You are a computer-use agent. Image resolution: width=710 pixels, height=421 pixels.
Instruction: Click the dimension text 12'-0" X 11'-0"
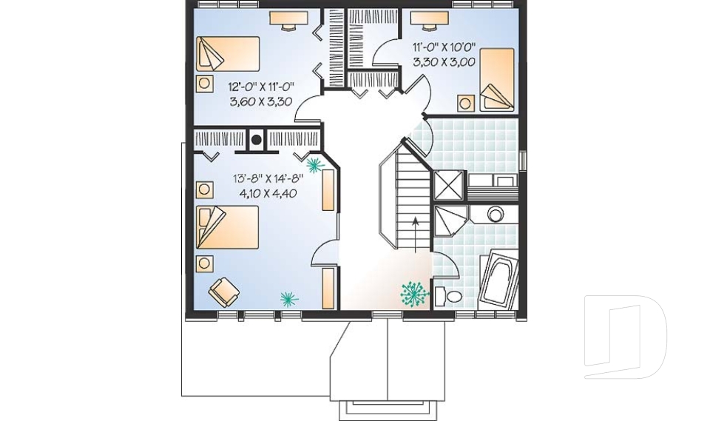click(x=261, y=86)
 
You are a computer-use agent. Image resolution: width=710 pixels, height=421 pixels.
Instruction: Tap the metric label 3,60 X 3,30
click(x=260, y=101)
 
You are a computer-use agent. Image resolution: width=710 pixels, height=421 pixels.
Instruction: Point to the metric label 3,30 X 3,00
click(x=444, y=61)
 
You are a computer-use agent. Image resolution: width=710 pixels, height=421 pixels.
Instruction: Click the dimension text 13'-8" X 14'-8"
click(x=268, y=178)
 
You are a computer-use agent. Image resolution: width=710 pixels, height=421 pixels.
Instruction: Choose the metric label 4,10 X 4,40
click(x=268, y=194)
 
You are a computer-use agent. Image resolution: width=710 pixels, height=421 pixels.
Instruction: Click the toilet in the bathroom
click(x=448, y=297)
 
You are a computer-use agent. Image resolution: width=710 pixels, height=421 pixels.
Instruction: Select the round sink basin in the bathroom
click(x=496, y=213)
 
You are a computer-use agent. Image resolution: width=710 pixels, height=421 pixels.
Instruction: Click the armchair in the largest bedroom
click(x=223, y=291)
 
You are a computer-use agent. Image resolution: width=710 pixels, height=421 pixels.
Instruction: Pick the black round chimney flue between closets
click(x=257, y=140)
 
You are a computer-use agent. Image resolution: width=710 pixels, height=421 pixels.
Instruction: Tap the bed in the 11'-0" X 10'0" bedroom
click(x=497, y=79)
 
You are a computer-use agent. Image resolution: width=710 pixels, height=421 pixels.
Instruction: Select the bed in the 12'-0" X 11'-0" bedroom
click(x=228, y=54)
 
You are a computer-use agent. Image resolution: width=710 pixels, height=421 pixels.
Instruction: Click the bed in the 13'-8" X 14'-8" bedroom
click(x=227, y=227)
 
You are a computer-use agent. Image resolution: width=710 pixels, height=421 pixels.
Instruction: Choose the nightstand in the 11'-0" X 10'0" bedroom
click(x=465, y=103)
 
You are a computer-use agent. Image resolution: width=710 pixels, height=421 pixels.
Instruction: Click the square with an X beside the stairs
click(x=449, y=186)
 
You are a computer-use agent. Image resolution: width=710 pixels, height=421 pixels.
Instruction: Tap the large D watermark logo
click(x=625, y=337)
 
